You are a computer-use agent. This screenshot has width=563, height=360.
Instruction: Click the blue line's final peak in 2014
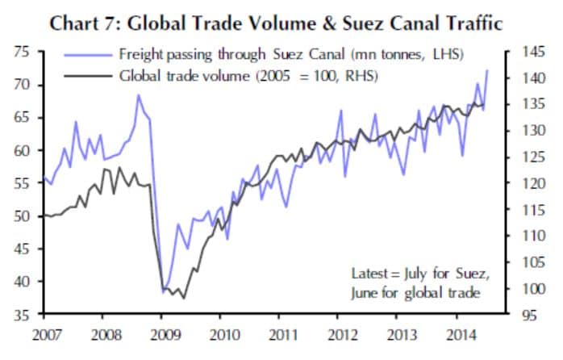(486, 71)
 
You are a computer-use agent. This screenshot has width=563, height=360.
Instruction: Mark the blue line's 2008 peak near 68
(139, 95)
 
